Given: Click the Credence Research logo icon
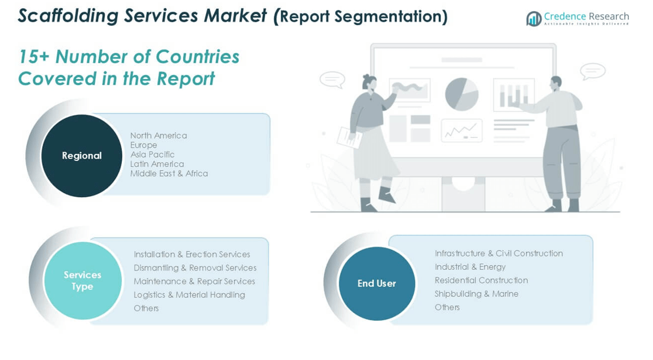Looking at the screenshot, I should click(x=533, y=19).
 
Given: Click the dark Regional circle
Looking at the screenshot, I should click(x=82, y=156).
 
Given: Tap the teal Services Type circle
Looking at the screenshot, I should click(x=83, y=280).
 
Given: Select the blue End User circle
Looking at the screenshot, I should click(x=377, y=283).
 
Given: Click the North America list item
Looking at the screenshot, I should click(x=159, y=136).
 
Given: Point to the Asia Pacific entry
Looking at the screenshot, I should click(x=152, y=155).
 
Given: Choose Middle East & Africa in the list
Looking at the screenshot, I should click(x=169, y=173).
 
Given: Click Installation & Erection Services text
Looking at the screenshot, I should click(x=191, y=255).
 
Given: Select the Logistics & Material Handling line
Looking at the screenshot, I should click(x=189, y=295).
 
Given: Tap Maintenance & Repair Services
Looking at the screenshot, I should click(x=194, y=282).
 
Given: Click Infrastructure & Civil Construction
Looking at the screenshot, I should click(x=499, y=253).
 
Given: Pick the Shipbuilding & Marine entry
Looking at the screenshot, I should click(x=476, y=294).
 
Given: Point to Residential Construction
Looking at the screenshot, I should click(x=481, y=280).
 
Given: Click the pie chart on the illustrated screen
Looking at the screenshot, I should click(x=462, y=94).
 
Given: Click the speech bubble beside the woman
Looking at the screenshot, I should click(x=332, y=79).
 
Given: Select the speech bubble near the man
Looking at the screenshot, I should click(x=592, y=71).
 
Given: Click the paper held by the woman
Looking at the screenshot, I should click(x=349, y=138).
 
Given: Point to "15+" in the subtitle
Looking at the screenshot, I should click(x=33, y=57).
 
